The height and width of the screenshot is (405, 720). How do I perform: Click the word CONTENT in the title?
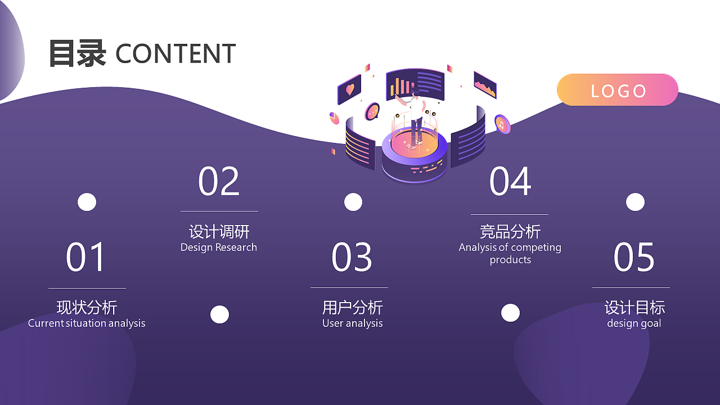[175, 53]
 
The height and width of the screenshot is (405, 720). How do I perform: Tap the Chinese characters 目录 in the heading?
[78, 53]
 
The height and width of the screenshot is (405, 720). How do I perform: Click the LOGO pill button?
[618, 89]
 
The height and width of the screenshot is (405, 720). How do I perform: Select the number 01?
[85, 257]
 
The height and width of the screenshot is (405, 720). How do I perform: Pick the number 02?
[219, 181]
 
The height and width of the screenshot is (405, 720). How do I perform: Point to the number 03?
[352, 257]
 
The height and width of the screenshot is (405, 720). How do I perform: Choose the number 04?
[510, 181]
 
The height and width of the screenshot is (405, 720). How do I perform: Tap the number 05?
[634, 257]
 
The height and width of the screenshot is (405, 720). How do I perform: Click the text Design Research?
[219, 247]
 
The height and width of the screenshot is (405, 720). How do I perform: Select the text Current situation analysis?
[87, 323]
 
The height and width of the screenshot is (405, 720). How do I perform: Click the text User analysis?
[353, 323]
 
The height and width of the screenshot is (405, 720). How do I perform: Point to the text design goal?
[634, 323]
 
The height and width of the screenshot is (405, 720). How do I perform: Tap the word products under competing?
[510, 260]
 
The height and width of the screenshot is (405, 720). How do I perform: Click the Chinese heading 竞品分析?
[510, 231]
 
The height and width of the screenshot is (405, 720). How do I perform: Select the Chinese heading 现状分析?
[87, 307]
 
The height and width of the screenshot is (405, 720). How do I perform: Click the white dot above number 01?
[87, 202]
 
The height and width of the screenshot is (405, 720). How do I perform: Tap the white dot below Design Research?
[219, 314]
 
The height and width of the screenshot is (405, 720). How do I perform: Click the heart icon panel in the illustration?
[349, 89]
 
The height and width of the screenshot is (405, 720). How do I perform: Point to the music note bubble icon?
[502, 124]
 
